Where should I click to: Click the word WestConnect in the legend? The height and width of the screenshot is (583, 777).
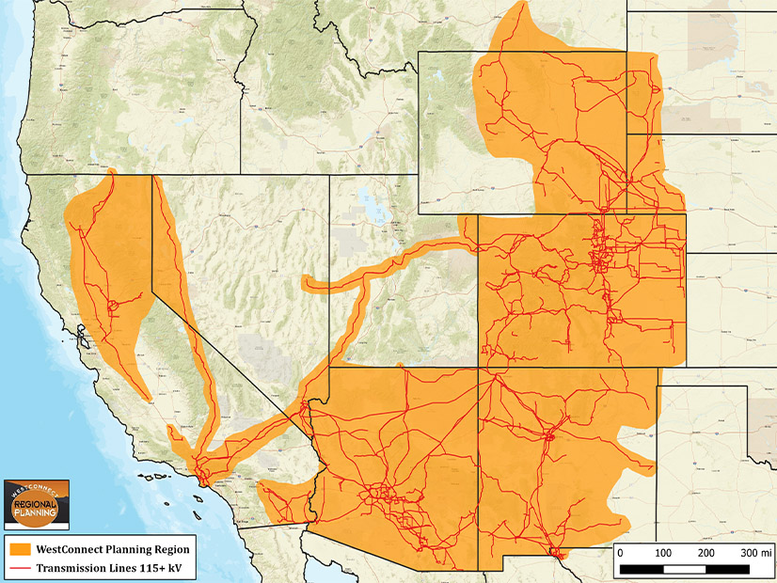74,549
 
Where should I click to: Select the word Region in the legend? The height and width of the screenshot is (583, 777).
168,549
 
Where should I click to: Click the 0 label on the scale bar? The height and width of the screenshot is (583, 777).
620,552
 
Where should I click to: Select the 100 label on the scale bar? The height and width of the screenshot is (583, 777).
662,552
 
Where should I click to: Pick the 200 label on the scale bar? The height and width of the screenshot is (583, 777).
706,552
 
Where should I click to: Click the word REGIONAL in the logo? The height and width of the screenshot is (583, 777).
37,504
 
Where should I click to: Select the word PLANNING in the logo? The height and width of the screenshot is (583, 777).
37,516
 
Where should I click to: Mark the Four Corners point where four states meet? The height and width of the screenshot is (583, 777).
479,367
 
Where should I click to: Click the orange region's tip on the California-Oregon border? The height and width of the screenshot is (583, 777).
111,172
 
